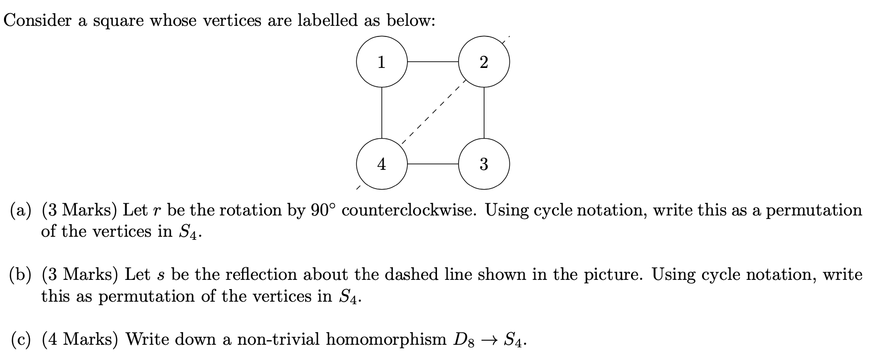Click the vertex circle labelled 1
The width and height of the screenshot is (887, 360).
(x=382, y=62)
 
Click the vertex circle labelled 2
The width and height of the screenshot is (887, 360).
(x=484, y=62)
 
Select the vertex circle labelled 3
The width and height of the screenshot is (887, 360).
(x=484, y=164)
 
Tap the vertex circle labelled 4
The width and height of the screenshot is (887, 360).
(x=382, y=164)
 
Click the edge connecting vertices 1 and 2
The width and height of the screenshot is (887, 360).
(x=432, y=62)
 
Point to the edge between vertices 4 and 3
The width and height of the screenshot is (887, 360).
(x=432, y=164)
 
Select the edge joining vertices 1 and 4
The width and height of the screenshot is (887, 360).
(x=382, y=113)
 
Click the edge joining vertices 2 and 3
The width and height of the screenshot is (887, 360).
(x=484, y=113)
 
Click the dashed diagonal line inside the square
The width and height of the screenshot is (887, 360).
(x=432, y=113)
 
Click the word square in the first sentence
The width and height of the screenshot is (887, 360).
(x=118, y=21)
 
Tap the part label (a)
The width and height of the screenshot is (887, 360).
(x=21, y=210)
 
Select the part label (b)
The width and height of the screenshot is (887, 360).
(x=21, y=275)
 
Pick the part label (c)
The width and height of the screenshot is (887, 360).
(x=21, y=339)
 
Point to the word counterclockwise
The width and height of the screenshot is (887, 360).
(x=409, y=210)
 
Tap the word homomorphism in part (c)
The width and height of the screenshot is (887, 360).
(x=385, y=339)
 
